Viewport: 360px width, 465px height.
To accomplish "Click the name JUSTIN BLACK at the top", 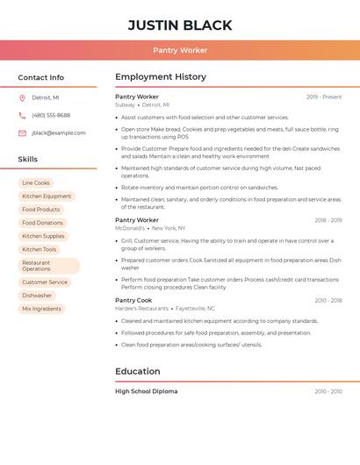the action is point(180,25).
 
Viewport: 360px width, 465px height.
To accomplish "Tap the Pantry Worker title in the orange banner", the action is point(180,51).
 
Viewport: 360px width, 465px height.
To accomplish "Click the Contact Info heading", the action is point(41,77).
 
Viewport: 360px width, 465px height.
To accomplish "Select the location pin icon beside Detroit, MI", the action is point(22,97).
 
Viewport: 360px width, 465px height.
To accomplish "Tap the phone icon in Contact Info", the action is point(22,115).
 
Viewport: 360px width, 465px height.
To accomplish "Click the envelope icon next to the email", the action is point(22,132).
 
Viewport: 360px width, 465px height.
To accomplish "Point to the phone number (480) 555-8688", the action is point(51,115).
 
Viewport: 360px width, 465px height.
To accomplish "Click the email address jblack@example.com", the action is point(59,132).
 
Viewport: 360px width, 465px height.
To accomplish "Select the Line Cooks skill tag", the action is point(36,182).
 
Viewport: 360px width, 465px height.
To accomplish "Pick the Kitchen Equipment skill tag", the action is point(47,197).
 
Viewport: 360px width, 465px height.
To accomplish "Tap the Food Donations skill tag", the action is point(42,223).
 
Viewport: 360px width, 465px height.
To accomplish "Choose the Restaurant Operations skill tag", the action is point(48,266).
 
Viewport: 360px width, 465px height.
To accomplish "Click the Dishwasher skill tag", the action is point(37,296).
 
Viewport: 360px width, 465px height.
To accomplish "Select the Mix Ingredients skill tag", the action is point(41,309).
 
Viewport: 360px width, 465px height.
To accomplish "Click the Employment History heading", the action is point(160,77).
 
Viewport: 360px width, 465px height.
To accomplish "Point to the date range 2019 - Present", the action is point(324,97).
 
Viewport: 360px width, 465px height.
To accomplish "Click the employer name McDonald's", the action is point(130,228).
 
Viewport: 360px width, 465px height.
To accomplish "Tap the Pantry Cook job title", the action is point(133,300).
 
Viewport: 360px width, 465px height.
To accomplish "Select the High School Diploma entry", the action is point(146,391).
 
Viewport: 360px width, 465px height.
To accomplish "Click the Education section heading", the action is point(137,371).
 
